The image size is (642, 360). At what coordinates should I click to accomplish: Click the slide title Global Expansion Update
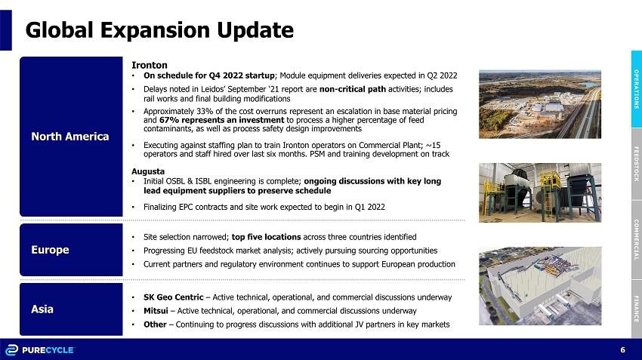(159, 30)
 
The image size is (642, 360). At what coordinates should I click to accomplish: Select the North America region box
(71, 137)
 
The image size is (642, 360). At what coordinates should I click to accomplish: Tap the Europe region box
(71, 250)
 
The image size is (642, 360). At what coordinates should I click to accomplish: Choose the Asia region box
(71, 309)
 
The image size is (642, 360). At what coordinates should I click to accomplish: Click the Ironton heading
(150, 65)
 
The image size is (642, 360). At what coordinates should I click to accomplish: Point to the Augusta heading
(148, 171)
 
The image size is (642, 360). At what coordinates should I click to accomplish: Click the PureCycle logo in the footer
(40, 350)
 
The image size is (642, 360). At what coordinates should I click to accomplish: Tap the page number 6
(623, 349)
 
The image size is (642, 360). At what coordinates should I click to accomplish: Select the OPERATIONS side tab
(636, 89)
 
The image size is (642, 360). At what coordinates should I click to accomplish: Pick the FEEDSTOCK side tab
(636, 164)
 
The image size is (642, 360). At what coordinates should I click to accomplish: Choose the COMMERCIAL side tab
(636, 240)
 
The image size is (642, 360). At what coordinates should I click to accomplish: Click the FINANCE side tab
(636, 309)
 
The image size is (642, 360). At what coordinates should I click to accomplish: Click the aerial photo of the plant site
(540, 104)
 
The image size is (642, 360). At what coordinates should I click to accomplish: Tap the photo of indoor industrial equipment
(540, 192)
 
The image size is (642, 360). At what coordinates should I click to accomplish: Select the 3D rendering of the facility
(540, 286)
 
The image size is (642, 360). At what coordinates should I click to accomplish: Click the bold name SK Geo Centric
(173, 297)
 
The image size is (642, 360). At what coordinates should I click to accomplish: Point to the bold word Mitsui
(156, 311)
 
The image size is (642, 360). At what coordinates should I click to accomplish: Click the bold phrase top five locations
(266, 237)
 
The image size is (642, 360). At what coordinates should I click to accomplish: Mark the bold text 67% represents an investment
(221, 120)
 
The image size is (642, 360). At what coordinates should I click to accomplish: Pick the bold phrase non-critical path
(353, 89)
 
